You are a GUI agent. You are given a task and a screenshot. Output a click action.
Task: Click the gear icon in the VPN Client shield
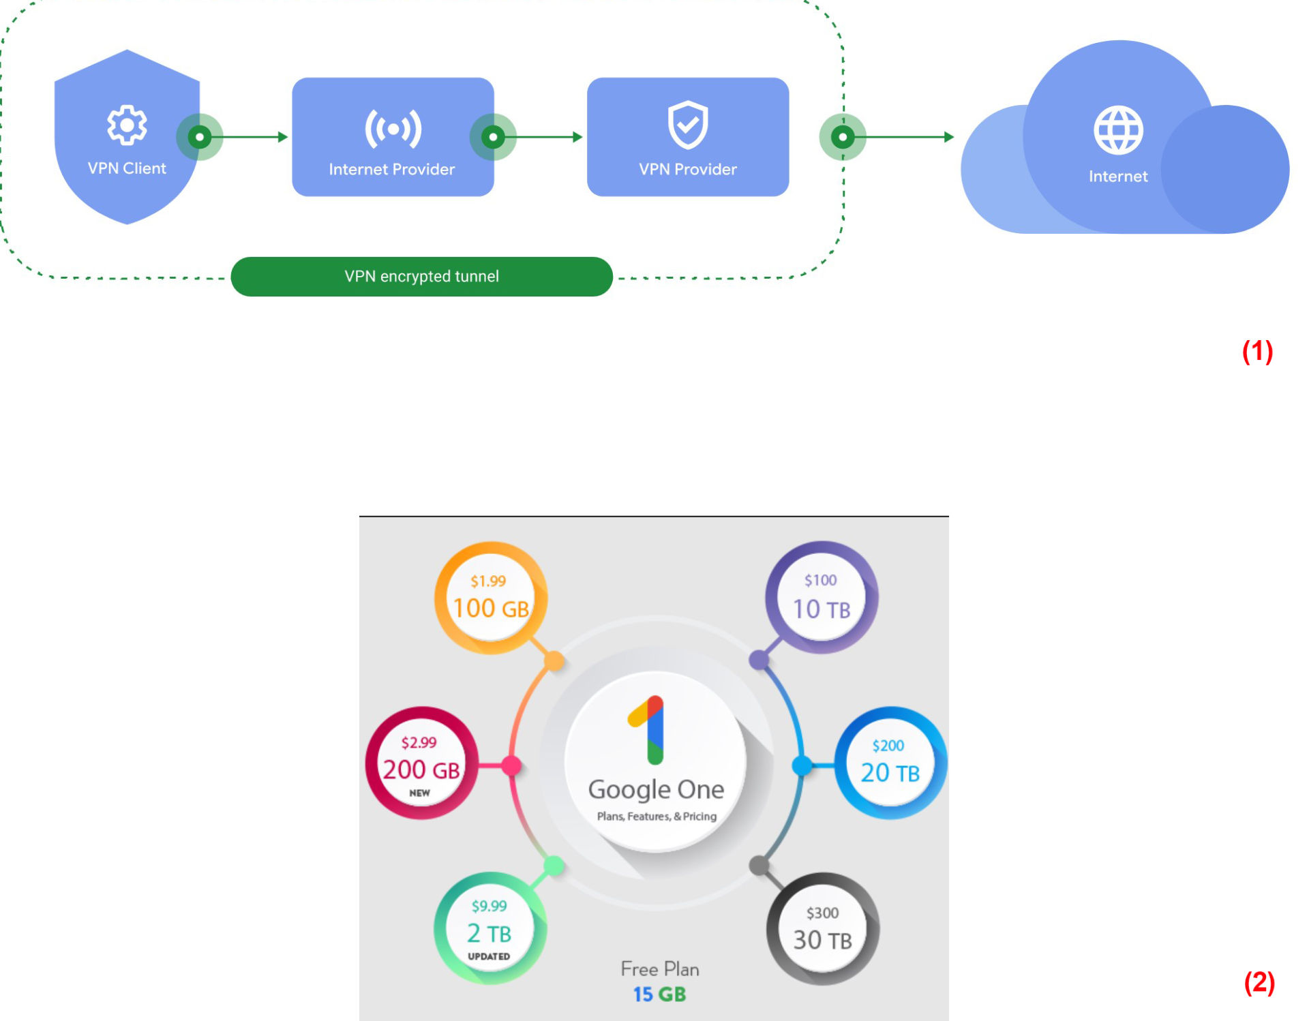[x=127, y=125]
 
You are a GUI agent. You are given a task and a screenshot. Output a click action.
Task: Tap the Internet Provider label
[x=391, y=169]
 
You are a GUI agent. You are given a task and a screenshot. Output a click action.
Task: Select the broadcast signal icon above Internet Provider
[x=393, y=128]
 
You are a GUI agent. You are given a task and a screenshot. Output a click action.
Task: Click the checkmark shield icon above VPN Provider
[x=688, y=125]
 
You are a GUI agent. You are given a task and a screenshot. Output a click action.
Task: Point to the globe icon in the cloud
[x=1118, y=129]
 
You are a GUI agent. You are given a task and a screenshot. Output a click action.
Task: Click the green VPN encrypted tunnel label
[x=421, y=276]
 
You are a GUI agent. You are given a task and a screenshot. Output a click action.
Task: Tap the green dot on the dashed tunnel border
[x=843, y=137]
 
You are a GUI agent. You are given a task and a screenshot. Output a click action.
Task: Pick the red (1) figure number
[x=1257, y=351]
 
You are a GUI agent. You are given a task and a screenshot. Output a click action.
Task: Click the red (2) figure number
[x=1259, y=982]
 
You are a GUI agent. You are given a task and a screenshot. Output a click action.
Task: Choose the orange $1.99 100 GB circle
[x=491, y=598]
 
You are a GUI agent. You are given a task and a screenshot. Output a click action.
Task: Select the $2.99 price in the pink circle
[x=419, y=742]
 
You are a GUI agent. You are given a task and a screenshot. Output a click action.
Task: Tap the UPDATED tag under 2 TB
[x=489, y=956]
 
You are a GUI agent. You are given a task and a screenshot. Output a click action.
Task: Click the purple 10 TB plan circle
[x=822, y=597]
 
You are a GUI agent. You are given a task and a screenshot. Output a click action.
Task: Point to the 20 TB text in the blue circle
[x=890, y=772]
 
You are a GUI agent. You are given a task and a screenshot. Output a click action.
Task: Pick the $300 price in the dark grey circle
[x=822, y=913]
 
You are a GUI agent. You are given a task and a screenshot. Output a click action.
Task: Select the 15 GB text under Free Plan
[x=659, y=994]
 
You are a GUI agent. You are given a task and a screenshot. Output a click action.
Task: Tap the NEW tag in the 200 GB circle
[x=419, y=793]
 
